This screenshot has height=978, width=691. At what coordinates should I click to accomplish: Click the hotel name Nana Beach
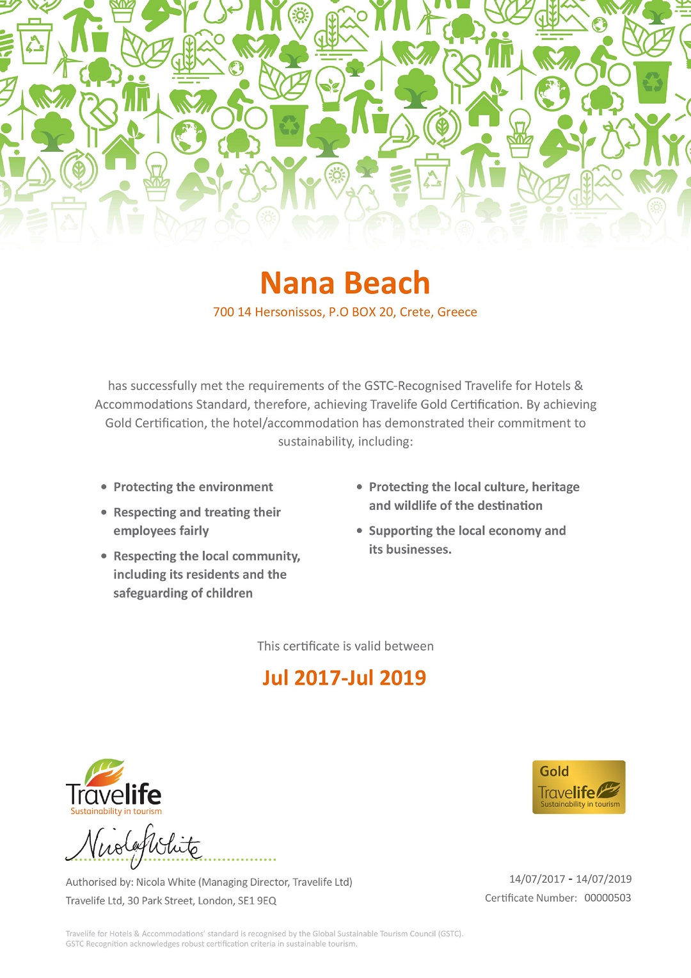345,283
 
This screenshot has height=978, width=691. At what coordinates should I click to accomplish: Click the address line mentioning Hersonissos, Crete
345,312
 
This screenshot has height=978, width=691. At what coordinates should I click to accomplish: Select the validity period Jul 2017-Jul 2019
344,678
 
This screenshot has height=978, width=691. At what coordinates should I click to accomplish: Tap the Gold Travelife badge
578,787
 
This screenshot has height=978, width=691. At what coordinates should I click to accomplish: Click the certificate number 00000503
607,898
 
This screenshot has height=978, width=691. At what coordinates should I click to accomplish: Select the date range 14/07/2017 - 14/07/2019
570,879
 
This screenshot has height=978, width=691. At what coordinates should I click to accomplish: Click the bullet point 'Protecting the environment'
193,487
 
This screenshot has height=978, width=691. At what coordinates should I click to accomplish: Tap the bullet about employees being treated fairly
196,521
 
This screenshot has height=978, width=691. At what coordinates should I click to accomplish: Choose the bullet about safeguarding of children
206,575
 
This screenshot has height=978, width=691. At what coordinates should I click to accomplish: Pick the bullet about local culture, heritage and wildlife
473,496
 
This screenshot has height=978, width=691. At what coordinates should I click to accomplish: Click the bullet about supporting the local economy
466,540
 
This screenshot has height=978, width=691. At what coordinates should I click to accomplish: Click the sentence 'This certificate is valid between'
345,646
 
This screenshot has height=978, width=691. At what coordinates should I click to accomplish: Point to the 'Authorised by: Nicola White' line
209,882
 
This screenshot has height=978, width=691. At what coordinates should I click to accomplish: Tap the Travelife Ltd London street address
171,901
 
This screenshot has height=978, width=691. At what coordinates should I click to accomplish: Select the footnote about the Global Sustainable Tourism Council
264,938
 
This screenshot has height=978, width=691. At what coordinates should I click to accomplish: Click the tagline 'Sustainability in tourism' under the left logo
116,811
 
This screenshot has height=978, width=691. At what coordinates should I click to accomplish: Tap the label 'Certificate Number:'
530,898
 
